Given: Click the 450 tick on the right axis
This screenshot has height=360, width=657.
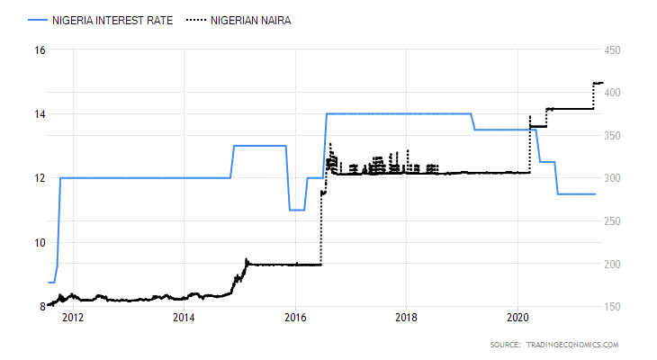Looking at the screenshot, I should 615,50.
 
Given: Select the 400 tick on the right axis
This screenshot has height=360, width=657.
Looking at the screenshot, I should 615,94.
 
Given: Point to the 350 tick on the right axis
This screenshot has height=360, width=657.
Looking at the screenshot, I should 615,136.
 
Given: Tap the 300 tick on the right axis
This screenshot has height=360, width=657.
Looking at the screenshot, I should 615,178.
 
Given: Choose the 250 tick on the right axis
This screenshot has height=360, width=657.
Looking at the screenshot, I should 615,221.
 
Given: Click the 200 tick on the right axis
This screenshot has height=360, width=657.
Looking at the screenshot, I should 615,264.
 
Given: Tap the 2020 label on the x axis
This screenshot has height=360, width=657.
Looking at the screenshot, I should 517,318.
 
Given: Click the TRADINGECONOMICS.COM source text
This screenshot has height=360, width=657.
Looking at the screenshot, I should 573,345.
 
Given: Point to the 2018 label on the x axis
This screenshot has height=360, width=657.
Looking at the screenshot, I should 406,318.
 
